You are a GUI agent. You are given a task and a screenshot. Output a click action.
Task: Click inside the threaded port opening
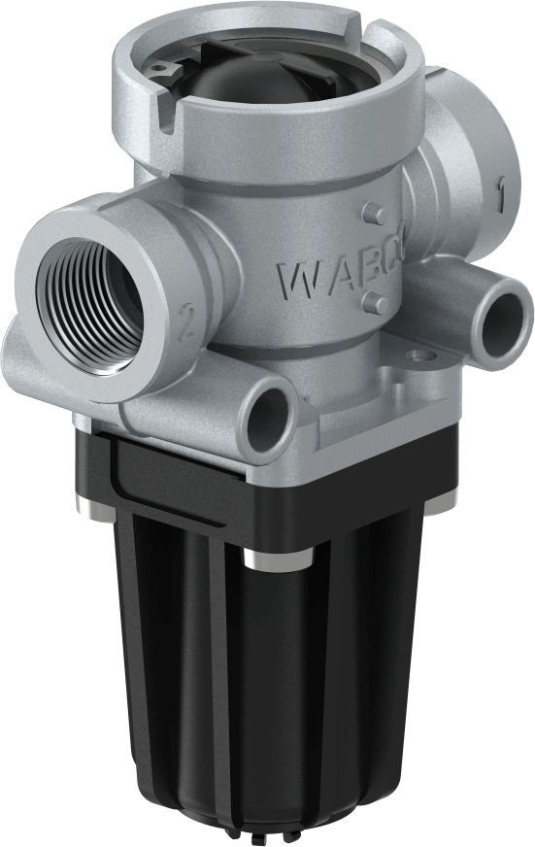(89, 302)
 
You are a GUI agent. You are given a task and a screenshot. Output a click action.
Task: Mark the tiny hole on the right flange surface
(419, 356)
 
